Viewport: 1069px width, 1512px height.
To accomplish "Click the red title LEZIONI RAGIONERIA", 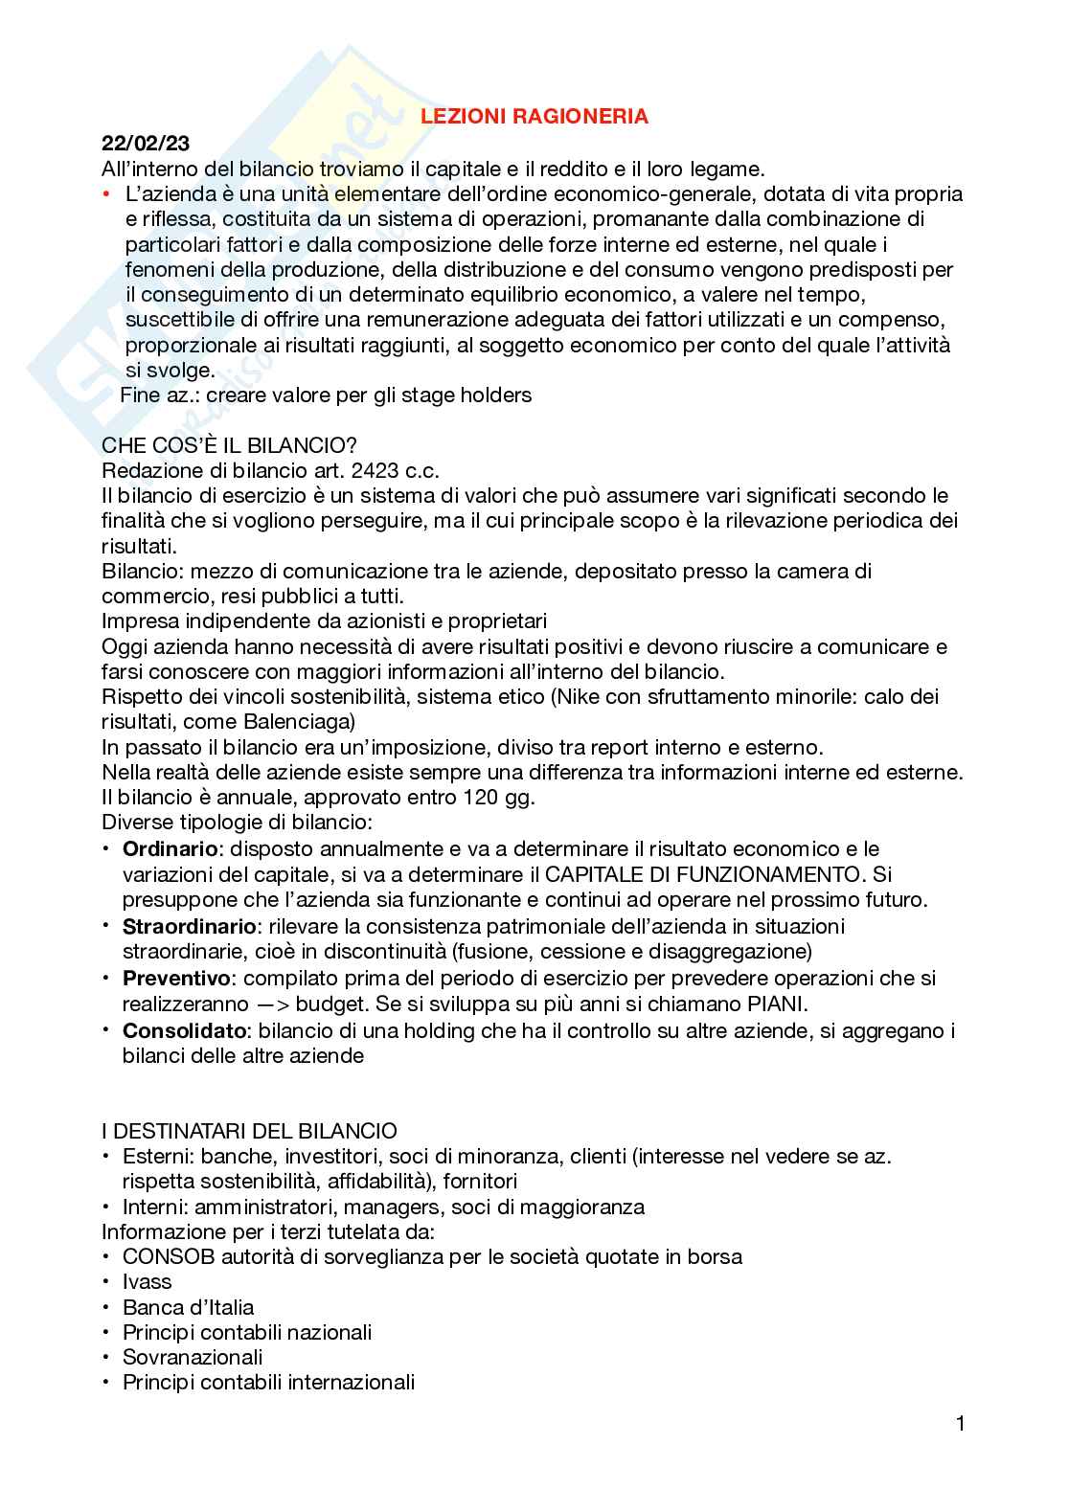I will pyautogui.click(x=535, y=117).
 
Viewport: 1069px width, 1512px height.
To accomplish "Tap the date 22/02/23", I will pyautogui.click(x=146, y=144).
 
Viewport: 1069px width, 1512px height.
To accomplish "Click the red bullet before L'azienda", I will pyautogui.click(x=107, y=194).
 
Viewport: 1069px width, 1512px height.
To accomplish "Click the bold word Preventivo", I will pyautogui.click(x=177, y=978).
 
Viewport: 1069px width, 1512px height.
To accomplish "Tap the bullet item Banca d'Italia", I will pyautogui.click(x=188, y=1307).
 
